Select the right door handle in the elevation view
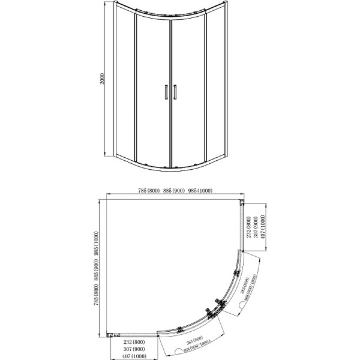click(x=175, y=92)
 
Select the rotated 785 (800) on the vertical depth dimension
click(x=97, y=304)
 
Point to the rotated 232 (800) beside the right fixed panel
click(x=248, y=227)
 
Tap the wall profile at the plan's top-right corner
click(x=242, y=203)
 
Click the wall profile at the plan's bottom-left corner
click(x=110, y=335)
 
